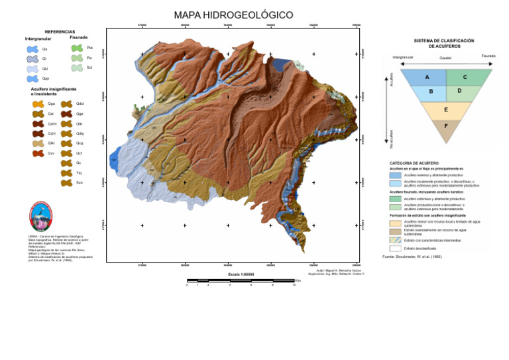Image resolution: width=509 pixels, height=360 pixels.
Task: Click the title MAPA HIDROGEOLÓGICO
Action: [x=233, y=15]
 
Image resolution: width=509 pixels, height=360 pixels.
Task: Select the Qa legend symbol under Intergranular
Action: [x=32, y=49]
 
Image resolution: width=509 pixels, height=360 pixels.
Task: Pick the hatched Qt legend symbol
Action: [x=32, y=59]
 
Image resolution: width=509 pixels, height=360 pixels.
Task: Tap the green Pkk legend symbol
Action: [x=77, y=48]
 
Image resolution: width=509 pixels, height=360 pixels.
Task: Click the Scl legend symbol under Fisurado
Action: [x=77, y=68]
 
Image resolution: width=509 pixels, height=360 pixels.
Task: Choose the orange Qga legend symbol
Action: [x=38, y=103]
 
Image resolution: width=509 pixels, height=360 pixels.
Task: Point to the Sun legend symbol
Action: [x=66, y=182]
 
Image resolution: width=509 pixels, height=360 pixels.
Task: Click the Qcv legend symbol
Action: [x=38, y=153]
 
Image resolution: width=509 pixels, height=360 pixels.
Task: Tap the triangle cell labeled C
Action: [x=465, y=78]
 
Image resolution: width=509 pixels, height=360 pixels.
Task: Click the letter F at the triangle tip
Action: [x=446, y=125]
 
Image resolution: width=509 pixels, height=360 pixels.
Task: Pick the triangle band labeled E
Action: [x=446, y=110]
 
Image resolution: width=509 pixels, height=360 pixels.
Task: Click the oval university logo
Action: [x=40, y=217]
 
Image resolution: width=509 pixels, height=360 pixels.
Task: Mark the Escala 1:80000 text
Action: [x=241, y=274]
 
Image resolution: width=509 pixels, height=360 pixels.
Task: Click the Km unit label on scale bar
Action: [x=298, y=280]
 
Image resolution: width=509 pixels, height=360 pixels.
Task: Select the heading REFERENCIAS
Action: [x=60, y=32]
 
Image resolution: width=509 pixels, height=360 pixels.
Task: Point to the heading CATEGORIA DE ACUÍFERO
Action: [x=414, y=163]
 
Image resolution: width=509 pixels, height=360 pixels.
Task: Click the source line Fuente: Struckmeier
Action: [x=412, y=256]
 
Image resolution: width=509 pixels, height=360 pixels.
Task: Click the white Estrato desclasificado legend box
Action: [x=395, y=248]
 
